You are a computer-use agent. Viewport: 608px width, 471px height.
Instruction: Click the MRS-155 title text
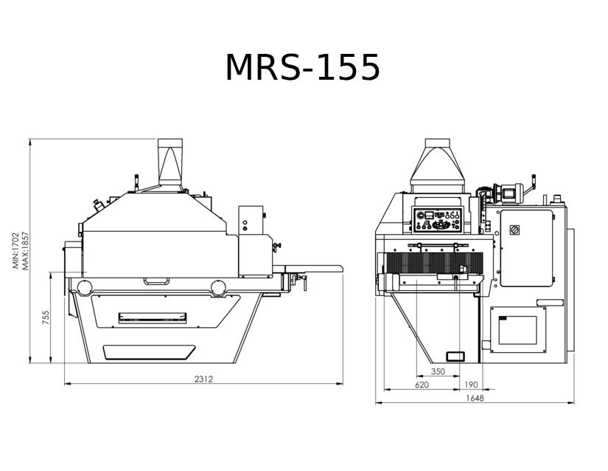click(x=302, y=68)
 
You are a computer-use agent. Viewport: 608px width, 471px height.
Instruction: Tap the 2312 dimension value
click(x=203, y=379)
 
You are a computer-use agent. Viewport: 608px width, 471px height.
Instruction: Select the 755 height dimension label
click(x=46, y=317)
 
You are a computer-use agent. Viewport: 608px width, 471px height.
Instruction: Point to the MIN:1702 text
click(x=15, y=250)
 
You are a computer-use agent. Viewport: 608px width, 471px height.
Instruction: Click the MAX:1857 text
click(x=25, y=250)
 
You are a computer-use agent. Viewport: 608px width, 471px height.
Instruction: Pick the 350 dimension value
click(x=438, y=371)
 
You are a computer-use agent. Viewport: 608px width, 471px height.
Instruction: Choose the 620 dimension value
click(x=422, y=385)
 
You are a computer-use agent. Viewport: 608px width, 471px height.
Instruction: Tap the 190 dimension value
click(x=471, y=385)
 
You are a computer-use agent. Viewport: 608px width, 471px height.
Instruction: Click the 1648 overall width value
click(x=475, y=398)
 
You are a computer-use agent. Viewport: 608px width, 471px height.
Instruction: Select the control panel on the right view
click(x=437, y=220)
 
